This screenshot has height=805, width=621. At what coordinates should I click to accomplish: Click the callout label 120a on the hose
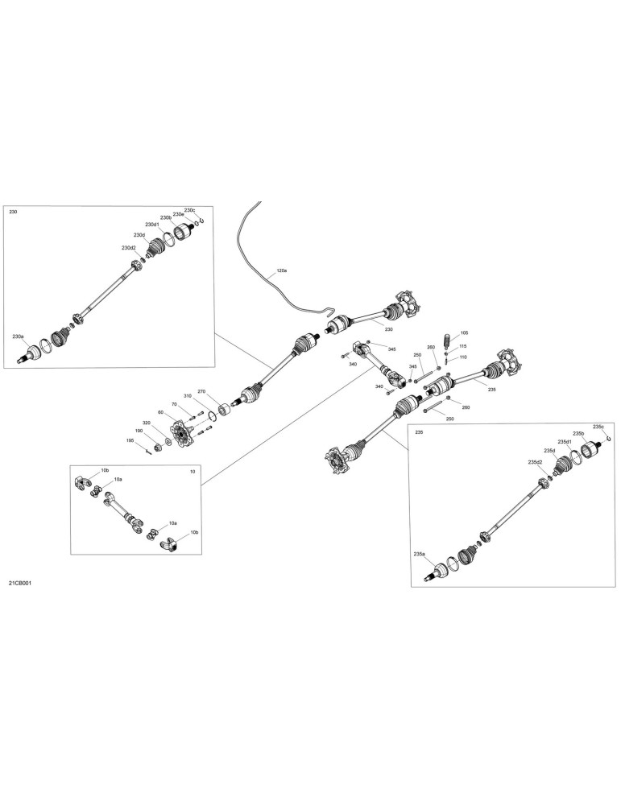click(282, 270)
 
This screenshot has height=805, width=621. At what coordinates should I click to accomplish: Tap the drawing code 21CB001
click(20, 583)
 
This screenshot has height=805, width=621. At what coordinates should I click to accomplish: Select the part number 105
click(464, 333)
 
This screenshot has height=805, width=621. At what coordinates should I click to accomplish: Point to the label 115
click(463, 346)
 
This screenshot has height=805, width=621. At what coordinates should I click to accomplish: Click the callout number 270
click(201, 391)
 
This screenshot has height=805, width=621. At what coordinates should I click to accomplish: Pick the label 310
click(188, 396)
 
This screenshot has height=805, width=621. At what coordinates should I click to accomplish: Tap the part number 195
click(130, 440)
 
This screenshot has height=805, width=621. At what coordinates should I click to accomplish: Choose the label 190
click(139, 431)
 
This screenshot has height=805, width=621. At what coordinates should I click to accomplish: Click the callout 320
click(147, 423)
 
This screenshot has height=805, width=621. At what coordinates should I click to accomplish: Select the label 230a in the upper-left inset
click(18, 336)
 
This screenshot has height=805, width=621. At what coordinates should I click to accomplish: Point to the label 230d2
click(128, 247)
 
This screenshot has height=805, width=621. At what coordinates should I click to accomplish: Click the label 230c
click(189, 210)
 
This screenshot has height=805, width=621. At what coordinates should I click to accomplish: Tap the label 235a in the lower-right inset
click(419, 554)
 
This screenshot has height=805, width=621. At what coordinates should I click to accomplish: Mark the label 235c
click(598, 427)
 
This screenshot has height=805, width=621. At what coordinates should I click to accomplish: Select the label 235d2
click(535, 462)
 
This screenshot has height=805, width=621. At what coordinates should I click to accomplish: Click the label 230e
click(178, 214)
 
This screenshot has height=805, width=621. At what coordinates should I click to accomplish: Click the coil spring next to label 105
click(447, 341)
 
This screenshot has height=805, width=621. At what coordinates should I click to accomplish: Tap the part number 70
click(174, 405)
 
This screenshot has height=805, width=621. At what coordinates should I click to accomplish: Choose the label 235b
click(578, 434)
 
